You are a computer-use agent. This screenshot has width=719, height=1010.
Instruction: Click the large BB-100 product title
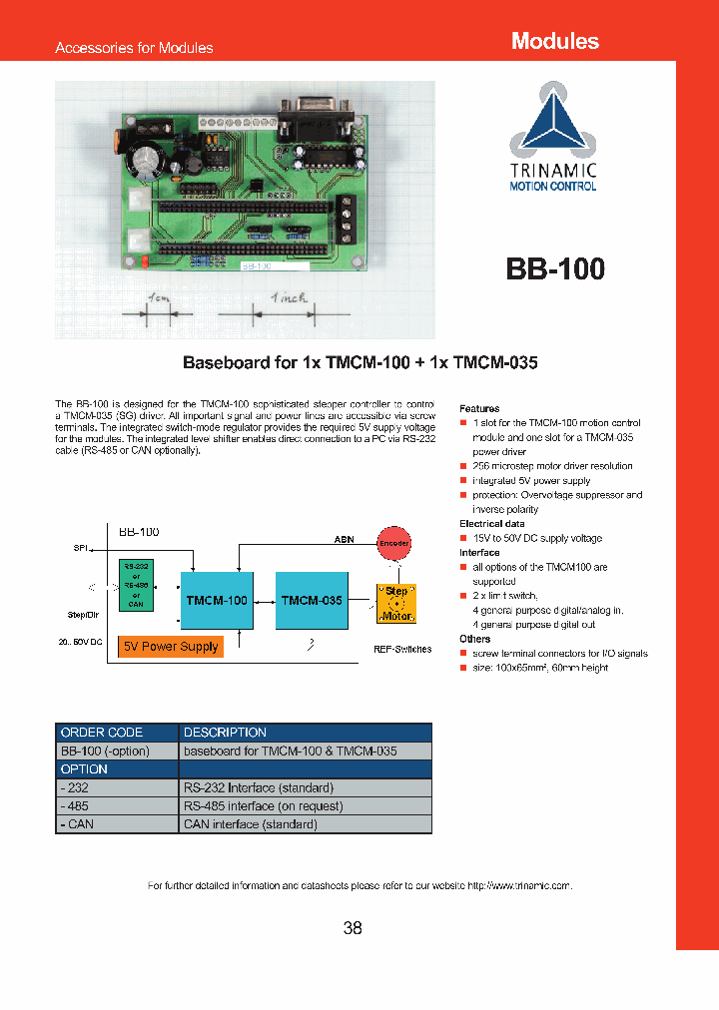554,269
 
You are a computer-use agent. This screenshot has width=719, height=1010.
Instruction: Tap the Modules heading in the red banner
554,41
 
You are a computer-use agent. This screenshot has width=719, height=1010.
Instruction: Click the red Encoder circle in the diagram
393,544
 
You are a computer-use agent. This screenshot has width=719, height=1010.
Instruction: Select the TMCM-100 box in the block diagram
217,601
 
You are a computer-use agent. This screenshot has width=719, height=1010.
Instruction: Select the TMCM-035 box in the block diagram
312,601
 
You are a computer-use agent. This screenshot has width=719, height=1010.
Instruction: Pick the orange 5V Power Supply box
171,647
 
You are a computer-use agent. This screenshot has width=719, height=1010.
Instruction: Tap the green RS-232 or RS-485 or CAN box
137,585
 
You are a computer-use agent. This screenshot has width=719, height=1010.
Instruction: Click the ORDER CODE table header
102,733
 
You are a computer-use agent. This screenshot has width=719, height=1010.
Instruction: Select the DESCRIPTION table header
225,733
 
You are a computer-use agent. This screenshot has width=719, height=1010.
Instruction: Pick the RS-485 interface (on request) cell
263,806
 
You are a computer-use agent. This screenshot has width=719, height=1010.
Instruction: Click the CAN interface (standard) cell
250,824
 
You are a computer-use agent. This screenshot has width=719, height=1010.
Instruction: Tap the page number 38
353,928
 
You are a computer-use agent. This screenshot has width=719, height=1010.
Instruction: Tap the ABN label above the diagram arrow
344,540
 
